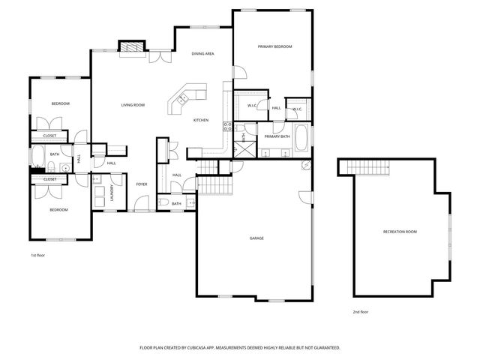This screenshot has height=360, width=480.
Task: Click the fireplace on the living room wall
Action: pyautogui.click(x=132, y=47)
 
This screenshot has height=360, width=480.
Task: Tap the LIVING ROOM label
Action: pyautogui.click(x=133, y=105)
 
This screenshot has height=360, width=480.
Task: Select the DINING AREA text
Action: pyautogui.click(x=202, y=54)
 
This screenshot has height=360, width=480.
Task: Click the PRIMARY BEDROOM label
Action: pyautogui.click(x=274, y=46)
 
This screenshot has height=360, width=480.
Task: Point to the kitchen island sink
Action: pyautogui.click(x=182, y=97)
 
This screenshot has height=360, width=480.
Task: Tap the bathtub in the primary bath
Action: pyautogui.click(x=301, y=137)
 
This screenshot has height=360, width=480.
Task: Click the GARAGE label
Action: pyautogui.click(x=256, y=238)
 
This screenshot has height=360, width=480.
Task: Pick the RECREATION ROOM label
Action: pyautogui.click(x=400, y=232)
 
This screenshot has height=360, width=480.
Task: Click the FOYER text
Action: pyautogui.click(x=141, y=184)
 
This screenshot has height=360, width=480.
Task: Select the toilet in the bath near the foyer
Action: pyautogui.click(x=163, y=202)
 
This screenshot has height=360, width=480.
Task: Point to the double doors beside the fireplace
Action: pyautogui.click(x=160, y=55)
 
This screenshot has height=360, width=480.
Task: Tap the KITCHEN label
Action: pyautogui.click(x=201, y=121)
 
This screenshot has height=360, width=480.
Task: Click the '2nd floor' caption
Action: pyautogui.click(x=360, y=311)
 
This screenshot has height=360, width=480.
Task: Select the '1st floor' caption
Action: pyautogui.click(x=38, y=256)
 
